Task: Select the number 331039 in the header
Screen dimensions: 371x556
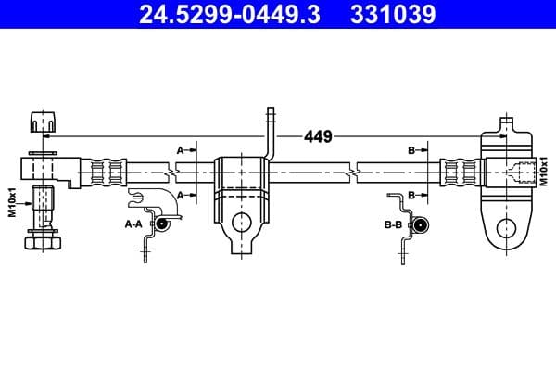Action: pyautogui.click(x=392, y=15)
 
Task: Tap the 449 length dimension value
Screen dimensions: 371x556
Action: pyautogui.click(x=318, y=137)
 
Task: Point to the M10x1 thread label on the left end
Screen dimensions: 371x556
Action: pyautogui.click(x=13, y=201)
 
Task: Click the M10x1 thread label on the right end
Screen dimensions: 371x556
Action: pyautogui.click(x=544, y=173)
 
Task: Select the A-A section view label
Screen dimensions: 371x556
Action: pyautogui.click(x=133, y=224)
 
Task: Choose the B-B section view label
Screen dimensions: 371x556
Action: pyautogui.click(x=394, y=224)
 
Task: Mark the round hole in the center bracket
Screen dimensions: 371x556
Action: pyautogui.click(x=241, y=223)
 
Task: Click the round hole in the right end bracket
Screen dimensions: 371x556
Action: pyautogui.click(x=505, y=227)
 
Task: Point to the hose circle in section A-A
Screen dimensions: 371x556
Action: pyautogui.click(x=161, y=224)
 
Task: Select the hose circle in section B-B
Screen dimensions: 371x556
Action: pyautogui.click(x=419, y=224)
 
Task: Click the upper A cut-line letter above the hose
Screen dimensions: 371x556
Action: pyautogui.click(x=181, y=148)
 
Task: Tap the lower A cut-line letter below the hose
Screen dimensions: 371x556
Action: pyautogui.click(x=181, y=194)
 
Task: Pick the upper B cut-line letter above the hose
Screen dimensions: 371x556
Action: pyautogui.click(x=411, y=148)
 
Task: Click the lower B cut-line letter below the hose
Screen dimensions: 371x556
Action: pyautogui.click(x=411, y=194)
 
